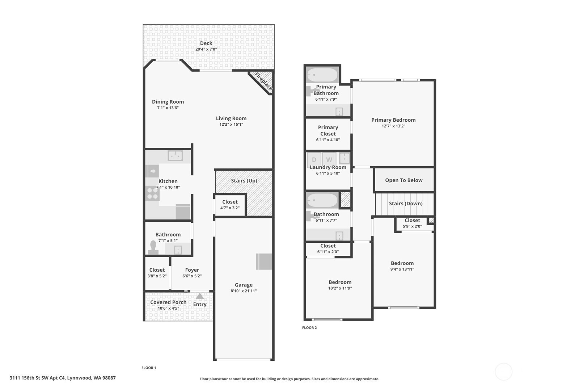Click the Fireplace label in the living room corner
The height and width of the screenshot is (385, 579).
(x=263, y=81)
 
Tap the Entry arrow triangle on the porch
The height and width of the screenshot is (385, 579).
(x=200, y=296)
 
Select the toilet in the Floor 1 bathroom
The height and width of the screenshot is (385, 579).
(x=153, y=247)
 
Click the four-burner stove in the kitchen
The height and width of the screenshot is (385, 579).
(x=152, y=193)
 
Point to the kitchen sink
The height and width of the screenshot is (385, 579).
(x=175, y=156)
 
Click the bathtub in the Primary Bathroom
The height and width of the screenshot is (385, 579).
(x=322, y=75)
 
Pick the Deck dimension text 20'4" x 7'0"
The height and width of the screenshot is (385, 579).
(x=206, y=49)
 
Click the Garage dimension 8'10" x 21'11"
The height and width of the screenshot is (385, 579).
(x=244, y=291)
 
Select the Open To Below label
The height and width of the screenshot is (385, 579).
(x=404, y=180)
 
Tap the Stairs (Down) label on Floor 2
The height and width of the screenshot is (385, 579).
(x=406, y=204)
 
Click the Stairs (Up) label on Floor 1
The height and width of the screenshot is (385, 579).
(x=244, y=181)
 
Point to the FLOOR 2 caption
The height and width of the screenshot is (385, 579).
(x=309, y=327)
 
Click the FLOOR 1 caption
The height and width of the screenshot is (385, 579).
(x=149, y=368)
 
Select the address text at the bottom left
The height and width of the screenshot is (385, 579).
(x=63, y=378)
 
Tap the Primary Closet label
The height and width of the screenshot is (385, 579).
(x=328, y=130)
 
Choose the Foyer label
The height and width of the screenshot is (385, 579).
(x=192, y=270)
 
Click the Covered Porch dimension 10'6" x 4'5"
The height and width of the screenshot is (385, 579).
(x=168, y=308)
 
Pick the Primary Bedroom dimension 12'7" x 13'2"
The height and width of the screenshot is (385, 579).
(x=393, y=126)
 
